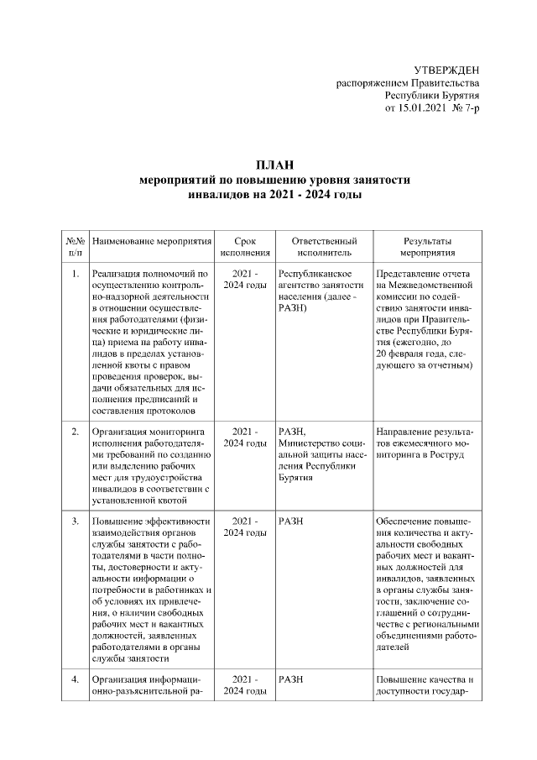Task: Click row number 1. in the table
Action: [76, 274]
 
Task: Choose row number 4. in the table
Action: [76, 679]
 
